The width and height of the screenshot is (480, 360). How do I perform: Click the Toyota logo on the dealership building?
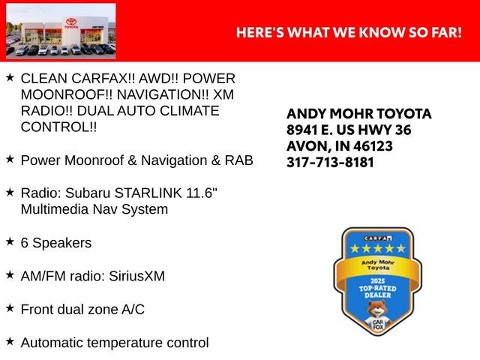[x=71, y=22]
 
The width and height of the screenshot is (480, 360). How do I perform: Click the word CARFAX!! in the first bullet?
[x=103, y=78]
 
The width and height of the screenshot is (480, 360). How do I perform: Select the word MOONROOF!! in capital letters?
[x=67, y=94]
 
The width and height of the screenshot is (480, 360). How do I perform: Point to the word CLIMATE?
[x=190, y=111]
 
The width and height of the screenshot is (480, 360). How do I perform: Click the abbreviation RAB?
[x=239, y=160]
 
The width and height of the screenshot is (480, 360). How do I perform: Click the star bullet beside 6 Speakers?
[x=10, y=241]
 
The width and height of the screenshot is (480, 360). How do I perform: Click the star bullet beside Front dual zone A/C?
[x=10, y=308]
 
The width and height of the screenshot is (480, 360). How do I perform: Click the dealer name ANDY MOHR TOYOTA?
[x=359, y=114]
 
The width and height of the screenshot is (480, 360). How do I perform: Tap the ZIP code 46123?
[x=373, y=146]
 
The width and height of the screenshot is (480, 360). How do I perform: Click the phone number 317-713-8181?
[x=330, y=162]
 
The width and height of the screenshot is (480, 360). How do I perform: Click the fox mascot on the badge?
[x=378, y=315]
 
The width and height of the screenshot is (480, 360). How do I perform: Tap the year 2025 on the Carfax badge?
[x=377, y=281]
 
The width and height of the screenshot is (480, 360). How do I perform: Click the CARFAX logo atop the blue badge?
[x=378, y=238]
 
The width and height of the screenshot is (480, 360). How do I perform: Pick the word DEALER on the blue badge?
[x=378, y=295]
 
